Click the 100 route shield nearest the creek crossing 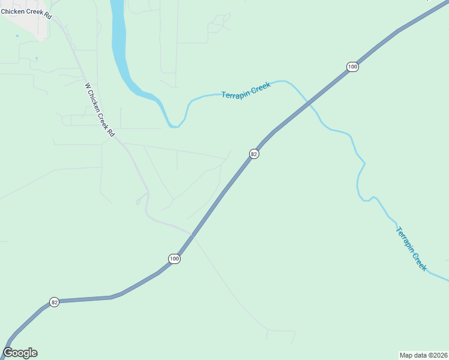click(x=352, y=67)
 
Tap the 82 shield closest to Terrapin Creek click(x=254, y=154)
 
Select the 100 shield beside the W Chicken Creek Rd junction click(x=174, y=259)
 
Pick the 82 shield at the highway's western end click(x=54, y=302)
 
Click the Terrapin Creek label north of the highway click(x=246, y=91)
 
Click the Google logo click(x=20, y=353)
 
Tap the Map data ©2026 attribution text click(x=423, y=355)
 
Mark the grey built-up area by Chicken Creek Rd click(x=27, y=24)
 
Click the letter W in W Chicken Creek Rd click(x=88, y=86)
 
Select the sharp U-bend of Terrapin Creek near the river click(x=173, y=125)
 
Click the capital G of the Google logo click(x=8, y=353)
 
